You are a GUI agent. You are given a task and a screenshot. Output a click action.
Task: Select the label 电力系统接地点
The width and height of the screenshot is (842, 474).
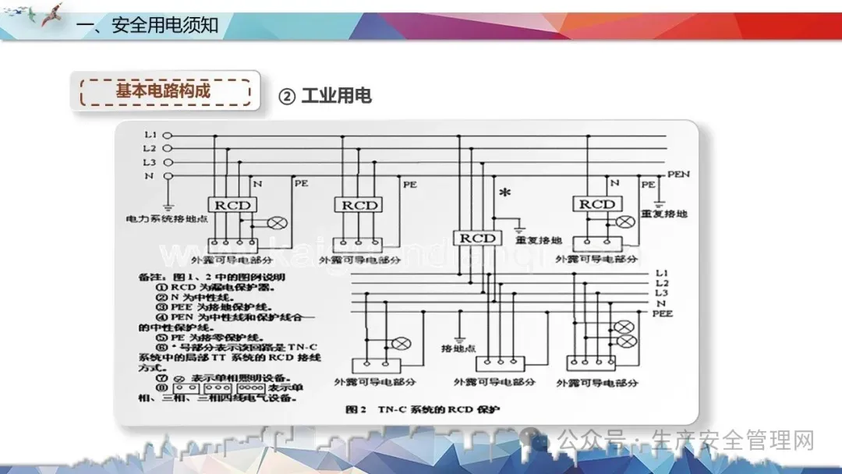[165, 219]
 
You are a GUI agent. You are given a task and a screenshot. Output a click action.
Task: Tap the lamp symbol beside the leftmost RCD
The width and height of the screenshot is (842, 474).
[272, 222]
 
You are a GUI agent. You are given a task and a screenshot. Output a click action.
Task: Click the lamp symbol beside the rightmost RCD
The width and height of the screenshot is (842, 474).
[624, 221]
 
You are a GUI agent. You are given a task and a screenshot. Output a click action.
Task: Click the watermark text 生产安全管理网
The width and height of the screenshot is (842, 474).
[735, 440]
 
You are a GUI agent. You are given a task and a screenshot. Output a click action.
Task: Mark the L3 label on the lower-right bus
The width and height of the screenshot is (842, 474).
[662, 292]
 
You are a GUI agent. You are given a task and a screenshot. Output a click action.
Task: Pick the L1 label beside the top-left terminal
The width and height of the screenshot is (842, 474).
[150, 135]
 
